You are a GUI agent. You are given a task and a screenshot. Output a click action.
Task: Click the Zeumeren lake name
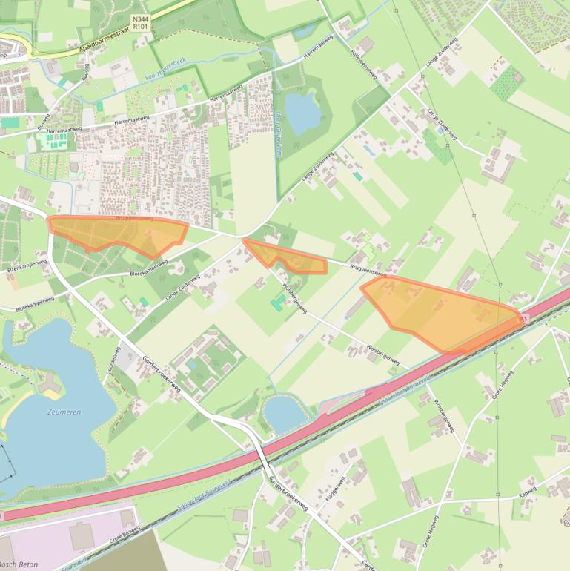point(64,412)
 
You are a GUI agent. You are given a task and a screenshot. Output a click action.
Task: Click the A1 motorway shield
point(526,319)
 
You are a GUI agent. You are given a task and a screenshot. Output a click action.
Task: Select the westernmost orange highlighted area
point(119,234)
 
